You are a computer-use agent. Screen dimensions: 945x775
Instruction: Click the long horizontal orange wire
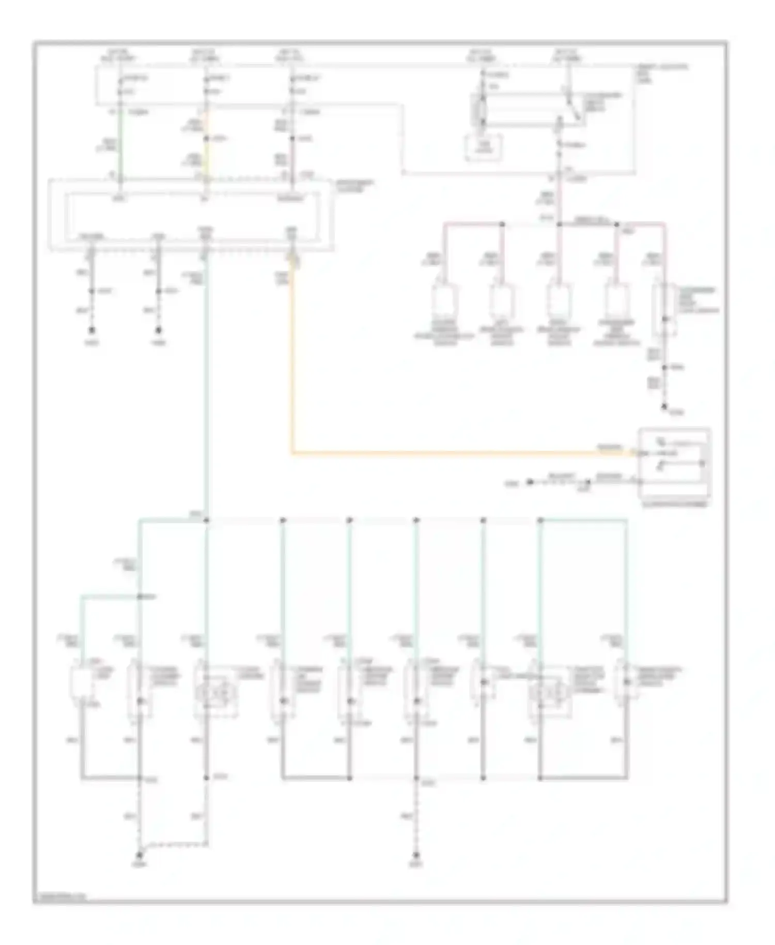pyautogui.click(x=444, y=453)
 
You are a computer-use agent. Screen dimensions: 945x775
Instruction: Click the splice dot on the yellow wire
pyautogui.click(x=206, y=139)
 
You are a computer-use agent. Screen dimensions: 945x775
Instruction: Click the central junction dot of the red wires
pyautogui.click(x=560, y=224)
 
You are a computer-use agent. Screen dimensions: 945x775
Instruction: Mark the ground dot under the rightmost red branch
pyautogui.click(x=665, y=406)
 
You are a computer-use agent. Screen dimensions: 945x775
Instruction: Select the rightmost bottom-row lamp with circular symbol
pyautogui.click(x=549, y=690)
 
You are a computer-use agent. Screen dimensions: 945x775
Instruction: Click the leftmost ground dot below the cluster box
pyautogui.click(x=92, y=329)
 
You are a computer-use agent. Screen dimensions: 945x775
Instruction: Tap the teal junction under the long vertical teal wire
pyautogui.click(x=206, y=520)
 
